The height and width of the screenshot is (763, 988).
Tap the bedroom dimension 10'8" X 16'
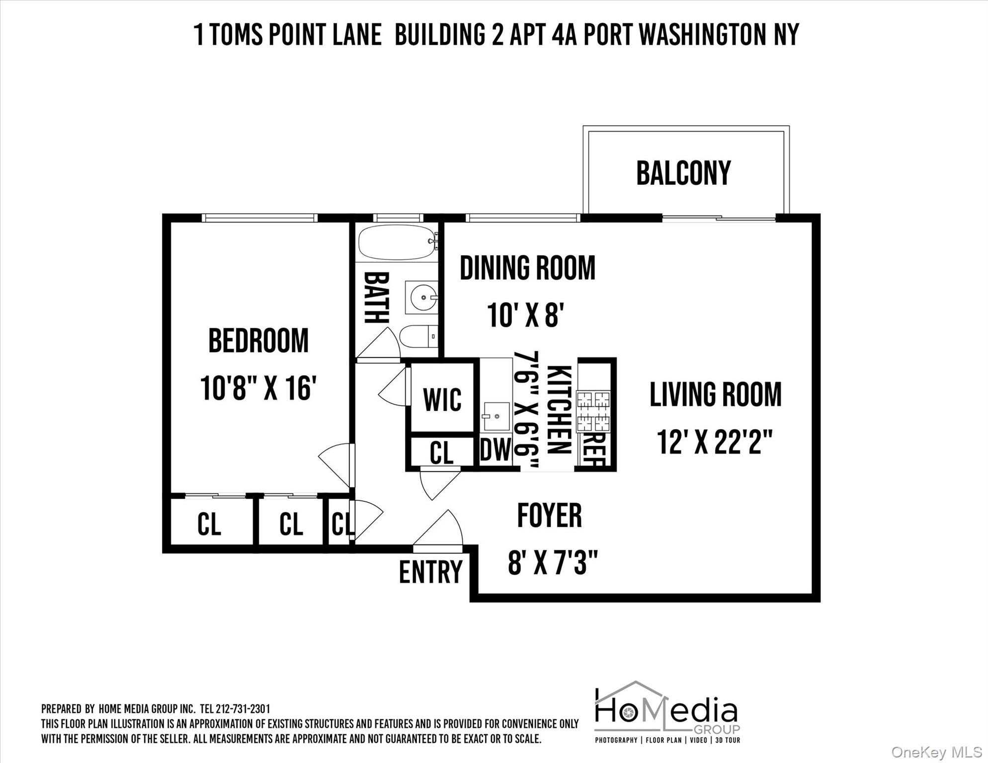258,388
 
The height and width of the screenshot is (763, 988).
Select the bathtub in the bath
396,242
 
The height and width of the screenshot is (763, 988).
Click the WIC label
442,399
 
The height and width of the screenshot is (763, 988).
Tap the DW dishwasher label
495,450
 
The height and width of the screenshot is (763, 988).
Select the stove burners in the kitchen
593,411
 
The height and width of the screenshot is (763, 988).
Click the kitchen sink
496,416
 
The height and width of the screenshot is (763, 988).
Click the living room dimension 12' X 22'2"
715,442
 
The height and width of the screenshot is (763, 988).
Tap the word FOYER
549,516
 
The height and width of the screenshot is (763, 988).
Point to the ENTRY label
430,572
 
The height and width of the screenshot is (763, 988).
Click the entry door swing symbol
440,530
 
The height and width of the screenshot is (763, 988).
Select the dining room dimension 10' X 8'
525,315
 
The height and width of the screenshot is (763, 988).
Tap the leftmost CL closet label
209,524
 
